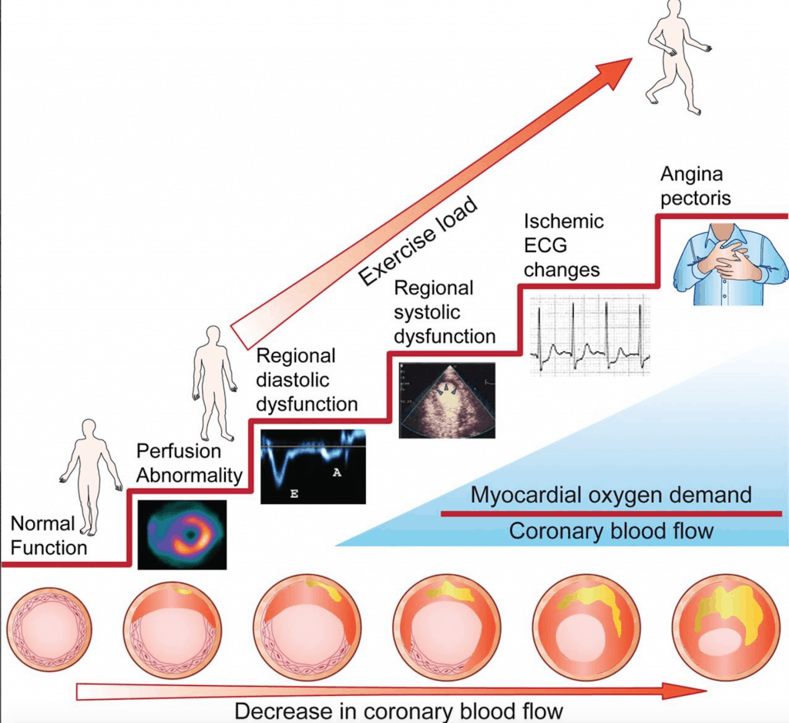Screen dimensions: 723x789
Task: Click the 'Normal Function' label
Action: click(x=49, y=536)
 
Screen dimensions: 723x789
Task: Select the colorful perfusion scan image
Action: click(x=182, y=534)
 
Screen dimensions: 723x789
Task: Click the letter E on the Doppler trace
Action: click(x=294, y=491)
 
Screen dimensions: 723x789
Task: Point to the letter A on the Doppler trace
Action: click(x=337, y=472)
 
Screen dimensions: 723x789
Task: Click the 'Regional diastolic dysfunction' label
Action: click(x=307, y=380)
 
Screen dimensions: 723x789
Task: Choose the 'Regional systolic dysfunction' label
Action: click(x=445, y=312)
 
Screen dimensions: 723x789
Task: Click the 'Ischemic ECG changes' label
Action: click(x=564, y=246)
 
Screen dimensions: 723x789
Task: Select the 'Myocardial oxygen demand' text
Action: click(x=611, y=494)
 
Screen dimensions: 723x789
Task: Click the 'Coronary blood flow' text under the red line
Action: click(x=611, y=531)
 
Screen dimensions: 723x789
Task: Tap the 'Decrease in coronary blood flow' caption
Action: click(x=398, y=710)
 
